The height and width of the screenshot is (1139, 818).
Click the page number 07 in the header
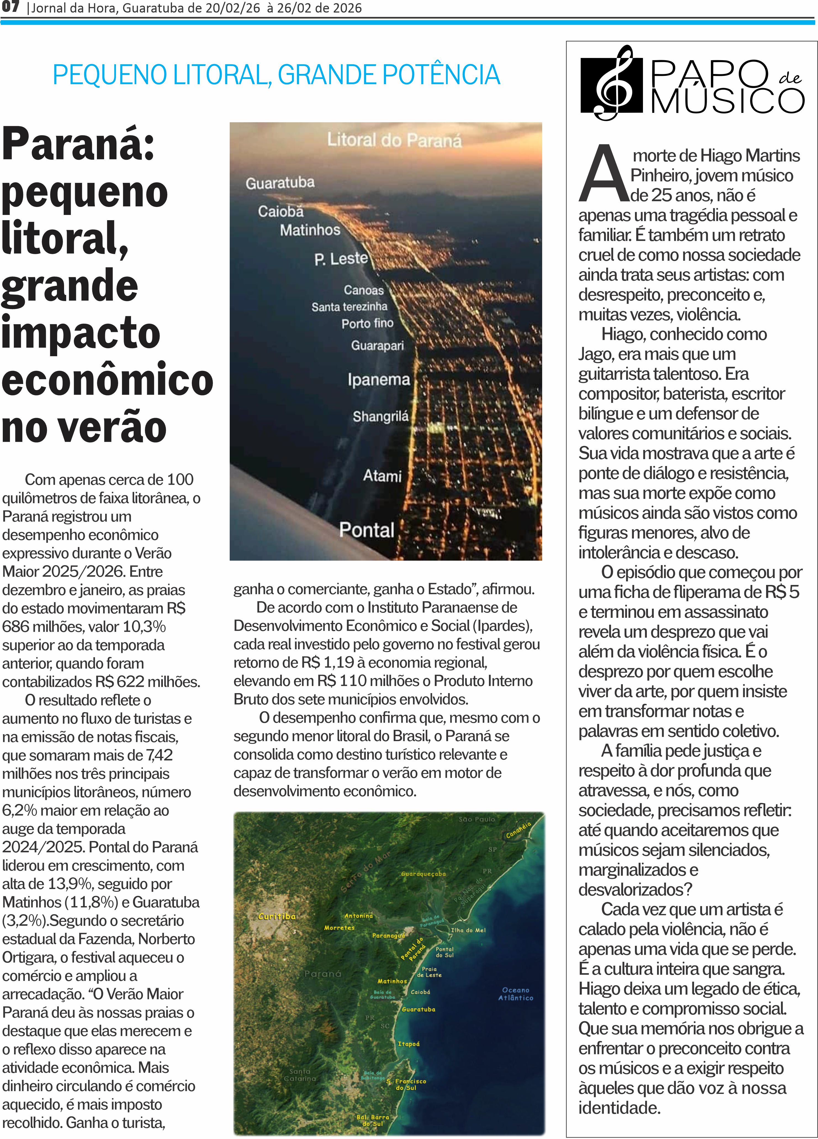click(x=10, y=7)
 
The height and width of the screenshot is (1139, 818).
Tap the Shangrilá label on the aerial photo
click(x=380, y=416)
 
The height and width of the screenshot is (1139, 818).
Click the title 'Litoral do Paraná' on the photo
click(x=394, y=140)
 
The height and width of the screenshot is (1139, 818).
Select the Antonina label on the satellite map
click(x=358, y=916)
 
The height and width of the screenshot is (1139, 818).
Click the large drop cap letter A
click(x=603, y=173)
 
